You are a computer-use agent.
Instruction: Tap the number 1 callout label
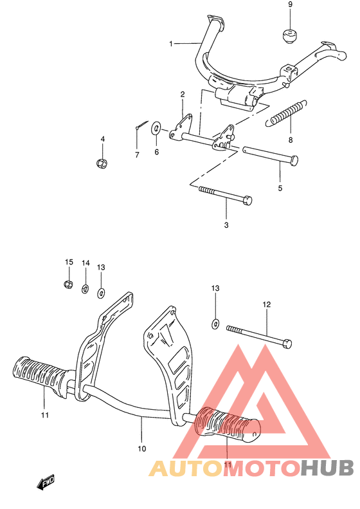point(171,44)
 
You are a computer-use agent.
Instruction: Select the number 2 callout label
point(182,95)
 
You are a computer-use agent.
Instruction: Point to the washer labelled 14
point(85,288)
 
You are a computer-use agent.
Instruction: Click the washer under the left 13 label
point(101,293)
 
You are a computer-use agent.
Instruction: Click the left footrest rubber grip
point(40,374)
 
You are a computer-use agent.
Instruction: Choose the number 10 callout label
point(142,449)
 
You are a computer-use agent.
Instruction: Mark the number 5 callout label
point(280,189)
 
